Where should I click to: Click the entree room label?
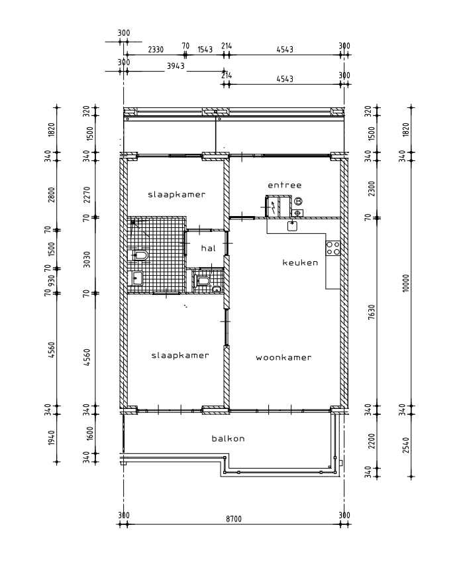(285, 185)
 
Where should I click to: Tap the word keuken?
(300, 262)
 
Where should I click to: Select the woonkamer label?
(283, 358)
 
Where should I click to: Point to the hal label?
(209, 249)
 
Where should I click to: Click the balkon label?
(228, 439)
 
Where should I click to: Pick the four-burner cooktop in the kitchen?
(333, 249)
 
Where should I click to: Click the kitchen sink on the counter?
(292, 226)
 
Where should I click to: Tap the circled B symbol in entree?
(298, 201)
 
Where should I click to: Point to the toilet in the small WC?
(201, 281)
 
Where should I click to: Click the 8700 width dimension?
(234, 519)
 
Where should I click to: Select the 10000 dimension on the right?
(406, 284)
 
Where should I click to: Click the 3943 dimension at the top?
(176, 66)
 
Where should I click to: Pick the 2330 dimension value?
(156, 50)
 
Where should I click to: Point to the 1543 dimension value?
(205, 50)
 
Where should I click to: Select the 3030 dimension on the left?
(87, 260)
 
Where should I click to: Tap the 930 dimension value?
(51, 281)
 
